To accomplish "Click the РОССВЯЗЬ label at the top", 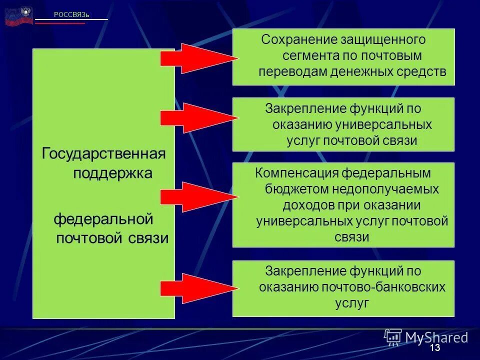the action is tap(71, 14).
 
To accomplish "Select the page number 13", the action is tap(434, 348).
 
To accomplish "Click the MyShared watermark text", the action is tap(436, 337).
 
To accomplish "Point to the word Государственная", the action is tap(103, 152).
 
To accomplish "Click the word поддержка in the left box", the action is tap(113, 173).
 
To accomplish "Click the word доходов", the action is tap(307, 205).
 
